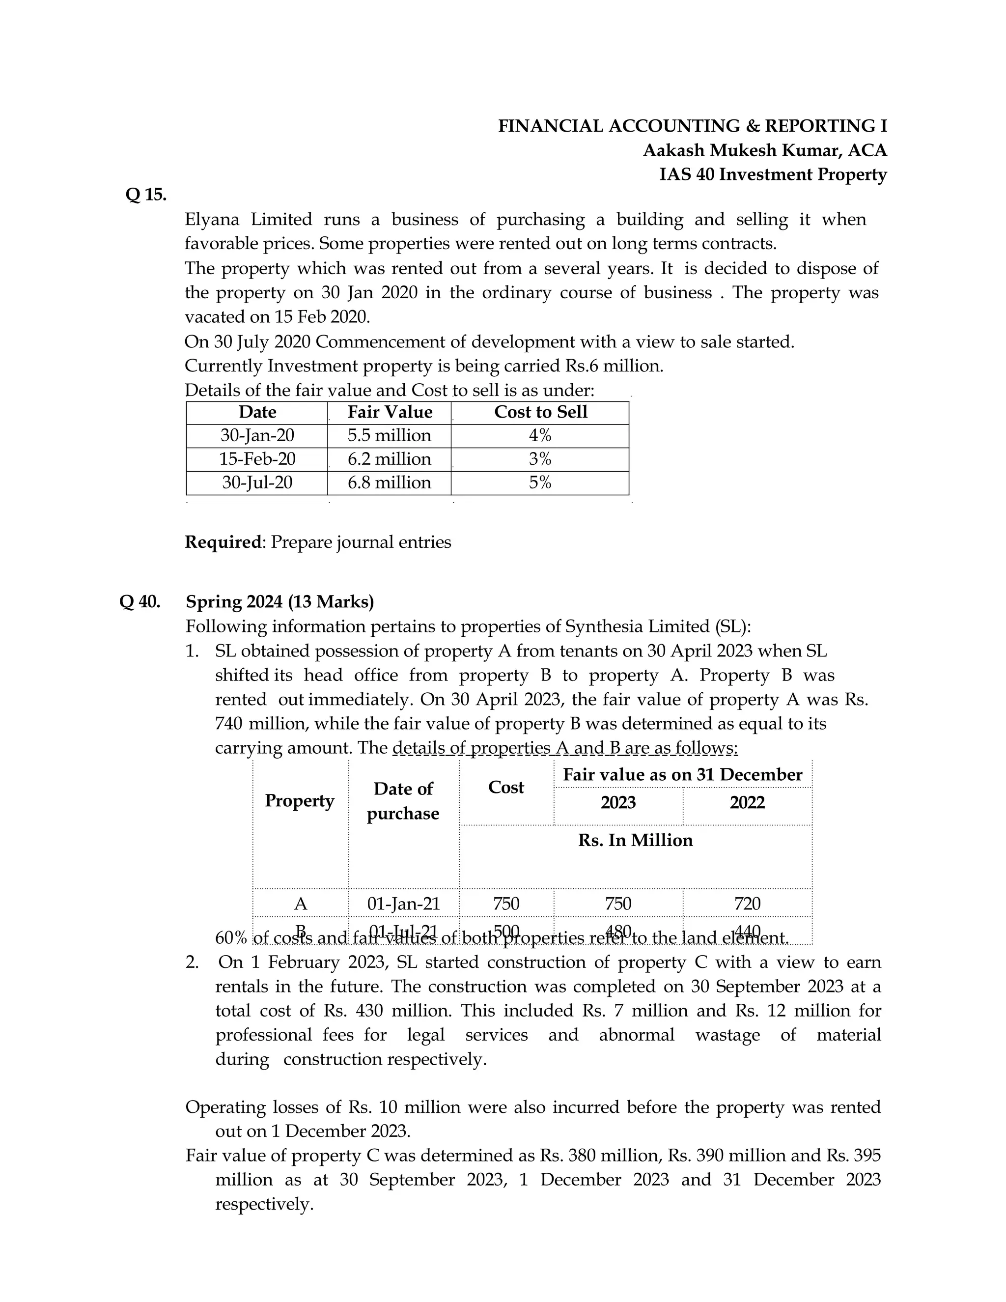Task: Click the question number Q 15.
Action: point(146,195)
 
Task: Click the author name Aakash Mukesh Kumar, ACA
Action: point(765,150)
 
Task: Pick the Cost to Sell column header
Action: point(540,412)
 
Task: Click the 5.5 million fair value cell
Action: point(389,435)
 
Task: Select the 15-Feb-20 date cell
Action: point(257,459)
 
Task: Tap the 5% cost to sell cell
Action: point(540,482)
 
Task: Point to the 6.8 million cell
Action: point(389,482)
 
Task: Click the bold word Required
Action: point(224,542)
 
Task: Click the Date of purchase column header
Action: point(403,801)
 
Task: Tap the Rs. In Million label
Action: point(635,840)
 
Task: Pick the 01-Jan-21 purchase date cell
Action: point(403,903)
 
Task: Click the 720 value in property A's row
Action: point(747,903)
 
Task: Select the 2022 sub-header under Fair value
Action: point(747,802)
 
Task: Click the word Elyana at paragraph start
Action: point(212,220)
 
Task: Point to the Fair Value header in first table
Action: point(390,412)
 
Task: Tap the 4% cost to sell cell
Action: point(540,435)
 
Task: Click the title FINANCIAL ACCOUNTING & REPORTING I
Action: point(693,126)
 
